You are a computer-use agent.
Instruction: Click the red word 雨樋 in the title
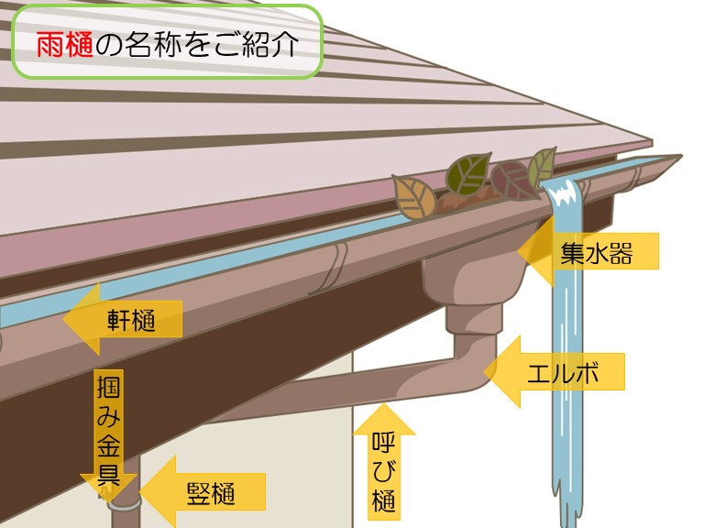pyautogui.click(x=65, y=44)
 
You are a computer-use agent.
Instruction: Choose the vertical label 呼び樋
pyautogui.click(x=384, y=473)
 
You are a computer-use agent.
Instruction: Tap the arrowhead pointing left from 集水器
pyautogui.click(x=535, y=250)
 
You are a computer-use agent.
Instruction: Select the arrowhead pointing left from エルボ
pyautogui.click(x=503, y=371)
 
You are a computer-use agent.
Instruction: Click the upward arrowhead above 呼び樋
pyautogui.click(x=384, y=418)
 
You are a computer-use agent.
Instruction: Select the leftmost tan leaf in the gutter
pyautogui.click(x=412, y=194)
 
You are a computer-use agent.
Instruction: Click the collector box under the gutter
pyautogui.click(x=472, y=280)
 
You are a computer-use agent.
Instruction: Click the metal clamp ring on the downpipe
pyautogui.click(x=122, y=501)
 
